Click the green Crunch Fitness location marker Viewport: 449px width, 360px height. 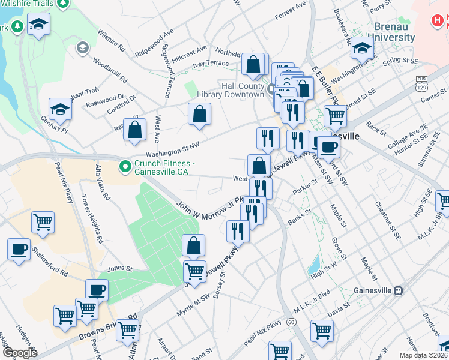pyautogui.click(x=125, y=165)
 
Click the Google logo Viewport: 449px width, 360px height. pyautogui.click(x=20, y=353)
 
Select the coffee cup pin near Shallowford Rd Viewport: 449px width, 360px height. pyautogui.click(x=19, y=249)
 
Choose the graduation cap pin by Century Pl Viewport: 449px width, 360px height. pyautogui.click(x=60, y=109)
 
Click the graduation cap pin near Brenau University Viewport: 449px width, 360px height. pyautogui.click(x=362, y=48)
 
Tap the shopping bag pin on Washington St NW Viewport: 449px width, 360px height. pyautogui.click(x=134, y=129)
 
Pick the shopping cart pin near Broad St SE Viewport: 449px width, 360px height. pyautogui.click(x=335, y=116)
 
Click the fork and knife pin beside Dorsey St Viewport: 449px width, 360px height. pyautogui.click(x=238, y=230)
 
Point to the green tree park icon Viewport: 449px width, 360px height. pyautogui.click(x=18, y=27)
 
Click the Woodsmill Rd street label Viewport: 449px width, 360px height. pyautogui.click(x=110, y=70)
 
